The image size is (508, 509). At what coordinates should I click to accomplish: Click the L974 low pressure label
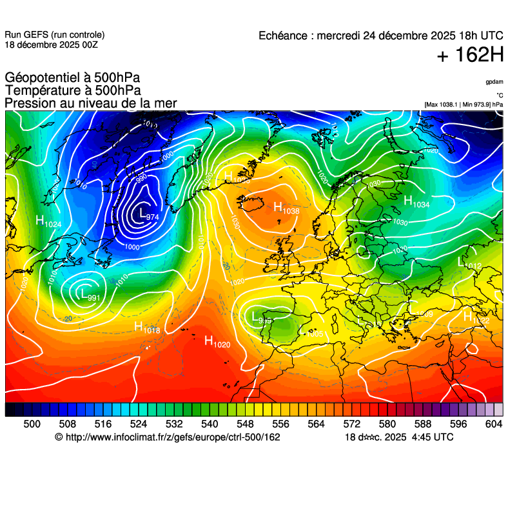149,214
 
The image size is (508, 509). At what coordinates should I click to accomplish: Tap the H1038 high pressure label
286,208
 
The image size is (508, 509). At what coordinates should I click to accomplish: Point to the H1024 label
48,221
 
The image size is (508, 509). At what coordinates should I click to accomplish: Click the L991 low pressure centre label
88,295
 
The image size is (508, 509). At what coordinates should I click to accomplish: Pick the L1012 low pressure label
469,263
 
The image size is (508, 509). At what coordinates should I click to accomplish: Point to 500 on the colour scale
32,423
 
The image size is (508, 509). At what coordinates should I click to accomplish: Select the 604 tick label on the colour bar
493,423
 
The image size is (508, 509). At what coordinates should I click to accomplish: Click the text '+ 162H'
470,55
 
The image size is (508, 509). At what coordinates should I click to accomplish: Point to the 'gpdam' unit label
494,82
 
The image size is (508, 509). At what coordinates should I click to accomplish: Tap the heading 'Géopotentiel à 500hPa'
72,78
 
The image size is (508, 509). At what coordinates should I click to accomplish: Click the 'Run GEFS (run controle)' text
54,35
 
